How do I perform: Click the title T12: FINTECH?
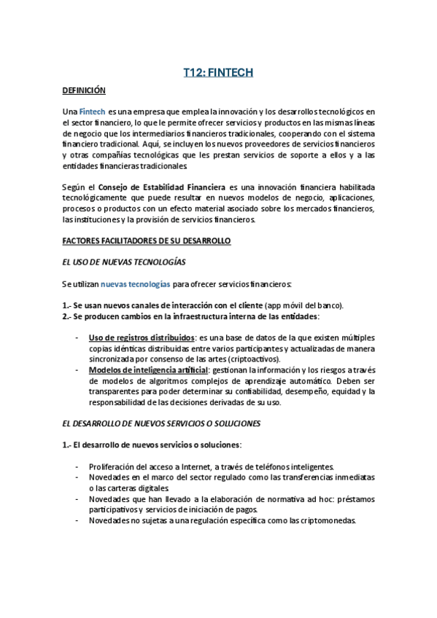217,72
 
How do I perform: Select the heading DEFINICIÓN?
84,90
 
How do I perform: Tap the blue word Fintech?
91,112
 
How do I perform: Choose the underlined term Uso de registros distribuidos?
142,337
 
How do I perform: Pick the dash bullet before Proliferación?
78,466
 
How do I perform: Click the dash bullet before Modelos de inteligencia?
78,370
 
